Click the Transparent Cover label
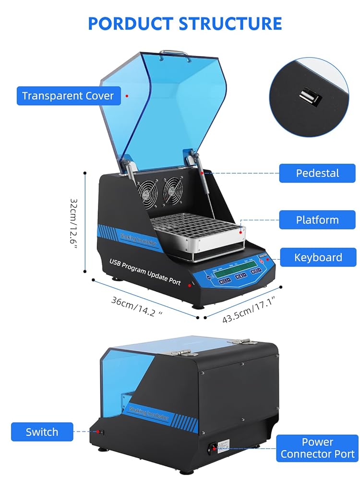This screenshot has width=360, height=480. point(68,96)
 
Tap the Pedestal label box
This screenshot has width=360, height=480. point(317,173)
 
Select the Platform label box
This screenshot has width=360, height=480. point(317,220)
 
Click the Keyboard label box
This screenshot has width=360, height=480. point(318,257)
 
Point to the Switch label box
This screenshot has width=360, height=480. point(42,432)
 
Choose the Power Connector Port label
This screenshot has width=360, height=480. point(317,448)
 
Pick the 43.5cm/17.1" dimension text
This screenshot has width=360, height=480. point(248,310)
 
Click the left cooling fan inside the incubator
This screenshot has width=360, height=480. point(147,192)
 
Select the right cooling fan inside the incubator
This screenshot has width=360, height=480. point(173,189)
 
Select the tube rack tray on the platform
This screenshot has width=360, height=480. point(197,228)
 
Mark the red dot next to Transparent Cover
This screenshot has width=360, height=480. point(127,96)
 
